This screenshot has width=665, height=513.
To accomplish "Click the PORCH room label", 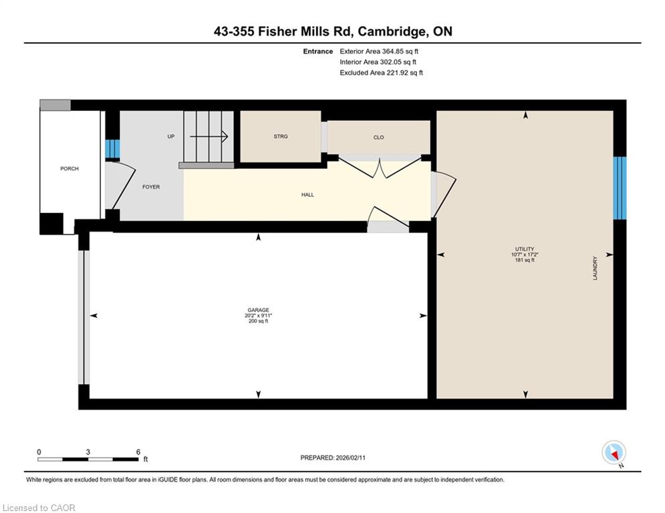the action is [x=69, y=168].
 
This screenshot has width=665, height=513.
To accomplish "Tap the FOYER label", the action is [x=151, y=186].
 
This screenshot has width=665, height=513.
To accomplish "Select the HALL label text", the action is [x=307, y=194].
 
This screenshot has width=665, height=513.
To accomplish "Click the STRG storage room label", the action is [x=281, y=136].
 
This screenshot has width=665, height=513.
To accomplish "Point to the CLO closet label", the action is [x=379, y=137].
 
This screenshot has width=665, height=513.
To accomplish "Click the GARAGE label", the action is [x=258, y=310].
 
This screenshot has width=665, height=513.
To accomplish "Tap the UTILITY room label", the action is [x=525, y=249].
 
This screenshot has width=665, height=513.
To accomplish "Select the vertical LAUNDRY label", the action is [x=595, y=268].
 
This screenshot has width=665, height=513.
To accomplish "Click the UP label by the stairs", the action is [x=171, y=136].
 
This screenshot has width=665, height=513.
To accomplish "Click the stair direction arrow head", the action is [x=225, y=136].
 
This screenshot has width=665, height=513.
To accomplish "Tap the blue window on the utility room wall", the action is [x=620, y=188].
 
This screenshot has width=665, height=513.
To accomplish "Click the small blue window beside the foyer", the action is [x=112, y=148].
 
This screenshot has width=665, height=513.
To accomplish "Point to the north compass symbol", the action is [x=614, y=453].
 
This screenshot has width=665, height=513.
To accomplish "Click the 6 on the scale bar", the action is [x=138, y=452].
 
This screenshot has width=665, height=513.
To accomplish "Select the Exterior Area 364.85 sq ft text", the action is [x=379, y=51].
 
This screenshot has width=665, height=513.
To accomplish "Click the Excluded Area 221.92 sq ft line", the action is [x=381, y=73].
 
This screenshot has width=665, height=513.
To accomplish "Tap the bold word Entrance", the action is [x=318, y=51].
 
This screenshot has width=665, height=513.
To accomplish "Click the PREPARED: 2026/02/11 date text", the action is [x=333, y=458].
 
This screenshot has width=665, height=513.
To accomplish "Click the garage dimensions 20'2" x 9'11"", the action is [x=258, y=315].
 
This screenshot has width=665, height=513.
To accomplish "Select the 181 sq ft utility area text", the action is [x=525, y=260].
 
